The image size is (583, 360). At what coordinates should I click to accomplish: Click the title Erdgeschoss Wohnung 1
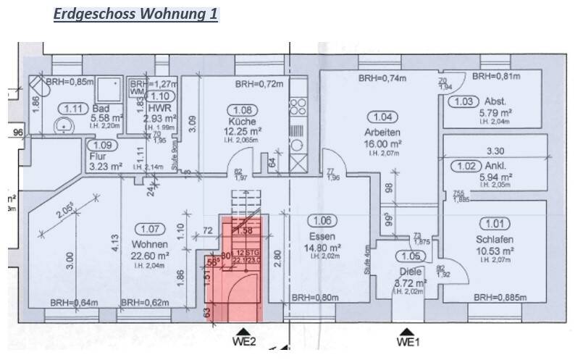click(136, 14)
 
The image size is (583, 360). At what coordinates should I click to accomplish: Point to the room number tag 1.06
click(323, 220)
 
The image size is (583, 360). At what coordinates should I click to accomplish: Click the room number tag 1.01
click(498, 224)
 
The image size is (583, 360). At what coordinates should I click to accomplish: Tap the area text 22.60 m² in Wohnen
click(150, 256)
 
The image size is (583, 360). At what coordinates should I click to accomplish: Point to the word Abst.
click(496, 101)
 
